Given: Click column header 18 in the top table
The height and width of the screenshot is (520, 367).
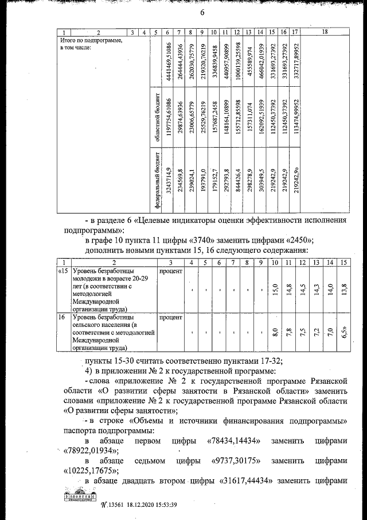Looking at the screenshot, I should tap(325, 32).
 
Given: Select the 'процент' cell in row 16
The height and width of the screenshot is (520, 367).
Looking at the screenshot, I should tap(170, 317).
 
